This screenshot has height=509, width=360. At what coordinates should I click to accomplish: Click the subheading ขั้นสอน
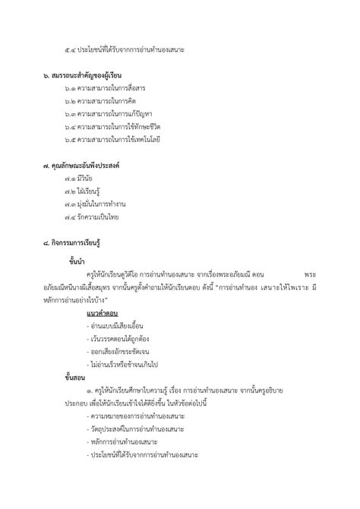coord(77,378)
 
